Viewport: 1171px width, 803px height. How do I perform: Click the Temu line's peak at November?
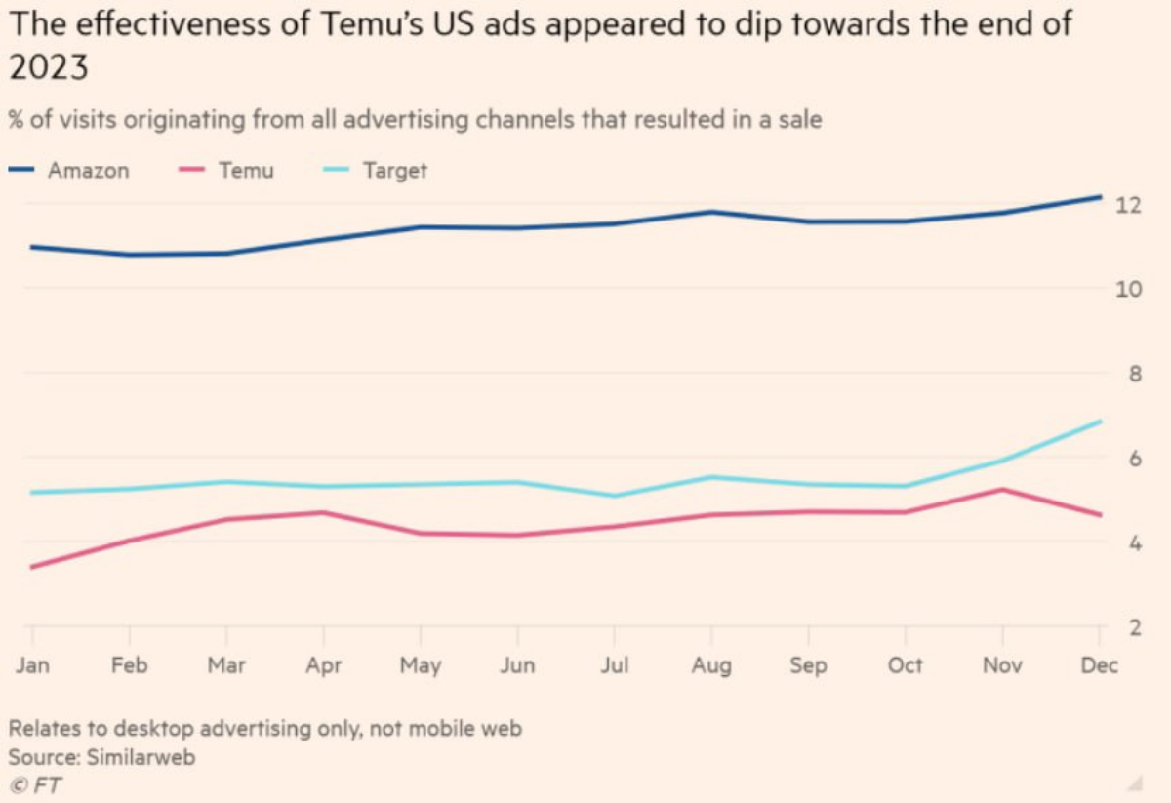[1002, 490]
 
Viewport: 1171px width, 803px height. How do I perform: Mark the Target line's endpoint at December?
[1100, 422]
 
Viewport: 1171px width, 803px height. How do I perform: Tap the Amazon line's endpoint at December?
[1100, 197]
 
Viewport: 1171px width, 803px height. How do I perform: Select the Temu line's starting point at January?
[32, 567]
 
